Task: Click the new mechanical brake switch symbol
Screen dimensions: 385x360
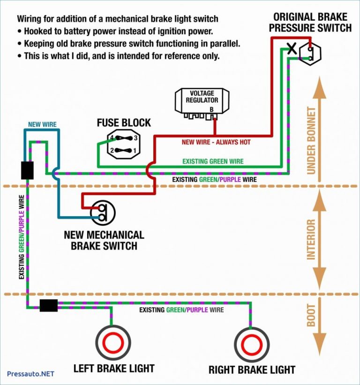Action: click(x=103, y=212)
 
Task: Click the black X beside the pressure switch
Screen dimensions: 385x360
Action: click(x=292, y=48)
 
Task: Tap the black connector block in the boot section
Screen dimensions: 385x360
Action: click(x=49, y=306)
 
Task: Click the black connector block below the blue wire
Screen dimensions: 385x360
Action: click(x=27, y=170)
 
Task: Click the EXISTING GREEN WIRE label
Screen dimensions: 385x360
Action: click(x=213, y=161)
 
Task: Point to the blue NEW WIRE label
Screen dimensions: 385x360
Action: click(x=42, y=125)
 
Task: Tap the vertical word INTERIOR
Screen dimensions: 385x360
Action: click(x=311, y=239)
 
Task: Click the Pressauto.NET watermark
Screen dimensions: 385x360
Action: click(x=30, y=374)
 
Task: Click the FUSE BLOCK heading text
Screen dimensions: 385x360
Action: click(x=124, y=123)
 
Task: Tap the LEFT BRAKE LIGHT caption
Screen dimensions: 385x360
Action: click(x=114, y=368)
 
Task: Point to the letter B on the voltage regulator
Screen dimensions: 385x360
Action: click(x=211, y=109)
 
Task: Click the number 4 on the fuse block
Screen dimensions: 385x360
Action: click(x=112, y=138)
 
